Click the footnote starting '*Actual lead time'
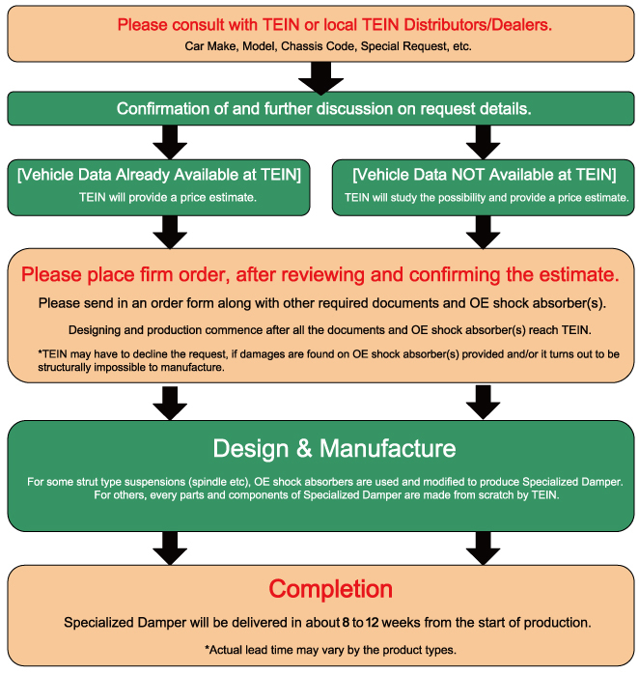click(x=320, y=649)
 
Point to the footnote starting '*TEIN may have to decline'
click(x=319, y=360)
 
